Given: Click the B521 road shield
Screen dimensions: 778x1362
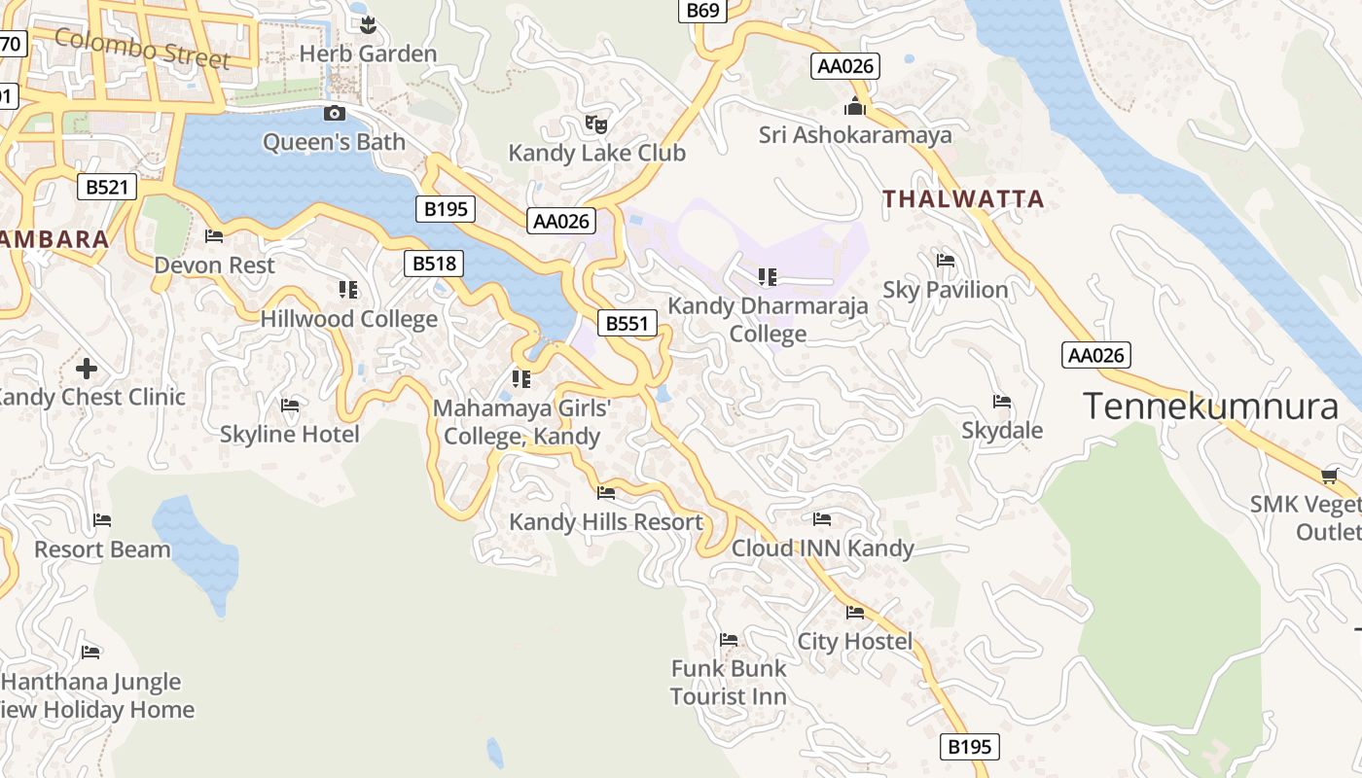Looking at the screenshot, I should pos(107,187).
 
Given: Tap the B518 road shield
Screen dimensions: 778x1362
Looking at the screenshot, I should pos(434,263).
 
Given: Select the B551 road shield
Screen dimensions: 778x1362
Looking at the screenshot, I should pos(627,324).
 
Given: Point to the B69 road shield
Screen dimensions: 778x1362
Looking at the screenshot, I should pos(702,11).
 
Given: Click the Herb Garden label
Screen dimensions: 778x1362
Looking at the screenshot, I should pos(368,53).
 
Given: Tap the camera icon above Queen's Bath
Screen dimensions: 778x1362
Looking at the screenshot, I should pos(334,114).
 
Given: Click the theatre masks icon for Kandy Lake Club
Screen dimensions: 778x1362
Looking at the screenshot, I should pos(596,124).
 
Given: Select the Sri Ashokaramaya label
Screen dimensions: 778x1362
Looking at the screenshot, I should pos(855,135).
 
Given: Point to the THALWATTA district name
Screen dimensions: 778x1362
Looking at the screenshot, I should pos(963,199).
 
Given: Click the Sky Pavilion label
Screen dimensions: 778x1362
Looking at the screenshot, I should pos(946,290).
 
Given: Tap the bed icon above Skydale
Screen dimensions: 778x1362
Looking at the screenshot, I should pos(1002,402).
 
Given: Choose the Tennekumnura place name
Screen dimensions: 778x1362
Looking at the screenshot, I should pos(1210,406).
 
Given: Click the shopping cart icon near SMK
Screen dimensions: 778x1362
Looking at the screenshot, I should pos(1330,476).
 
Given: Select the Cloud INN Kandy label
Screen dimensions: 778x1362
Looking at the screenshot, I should pos(822,548).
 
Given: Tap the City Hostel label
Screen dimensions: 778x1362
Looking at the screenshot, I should pos(855,641).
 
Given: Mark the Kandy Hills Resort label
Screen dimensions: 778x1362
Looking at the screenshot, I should pos(606,522).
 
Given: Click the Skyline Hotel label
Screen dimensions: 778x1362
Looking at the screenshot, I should pos(289,434).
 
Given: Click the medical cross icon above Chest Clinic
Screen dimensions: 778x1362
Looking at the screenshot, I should pos(87,369).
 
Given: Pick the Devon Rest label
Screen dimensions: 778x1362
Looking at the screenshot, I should pos(214,265).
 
